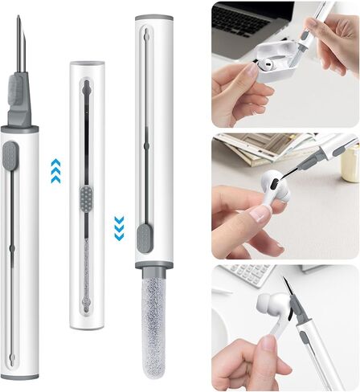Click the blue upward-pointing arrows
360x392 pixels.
coord(55,170)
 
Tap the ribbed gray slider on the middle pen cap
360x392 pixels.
coord(87,196)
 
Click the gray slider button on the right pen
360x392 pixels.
coord(142,236)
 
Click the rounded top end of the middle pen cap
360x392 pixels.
coord(87,67)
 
